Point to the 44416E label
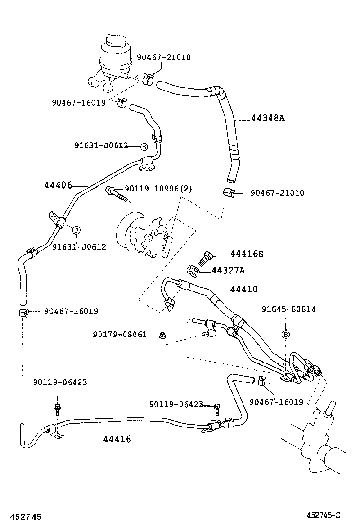[246, 254]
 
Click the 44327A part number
[228, 271]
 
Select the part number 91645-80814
[288, 309]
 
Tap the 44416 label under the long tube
[117, 439]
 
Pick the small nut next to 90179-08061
[162, 336]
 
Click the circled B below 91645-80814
[286, 334]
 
